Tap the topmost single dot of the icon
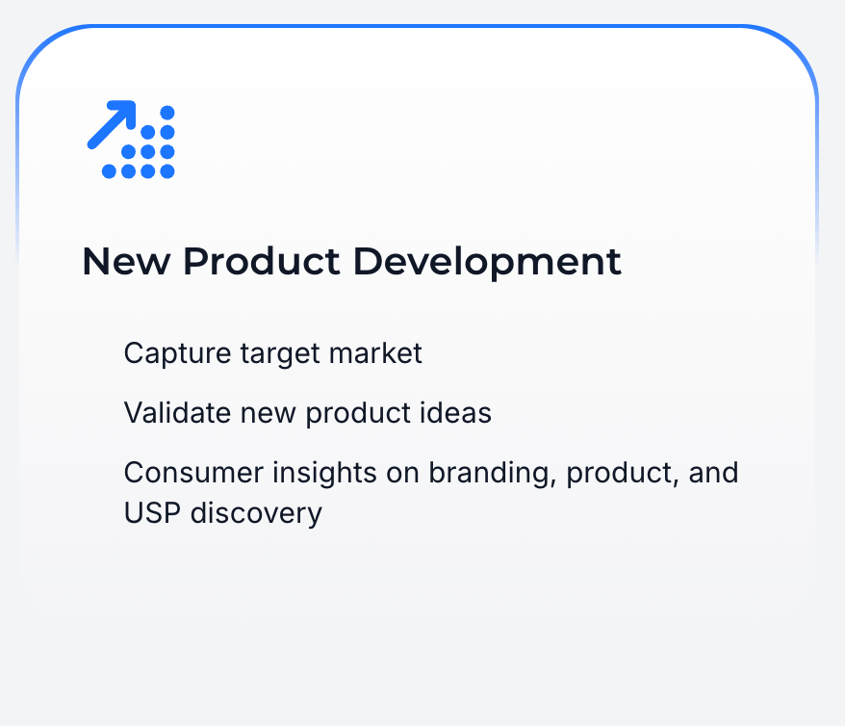(x=167, y=113)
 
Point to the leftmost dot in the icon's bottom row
(x=109, y=171)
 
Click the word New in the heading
(x=126, y=262)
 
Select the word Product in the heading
(x=262, y=262)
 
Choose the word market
(x=375, y=353)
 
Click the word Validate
(x=178, y=413)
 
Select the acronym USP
(x=152, y=513)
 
